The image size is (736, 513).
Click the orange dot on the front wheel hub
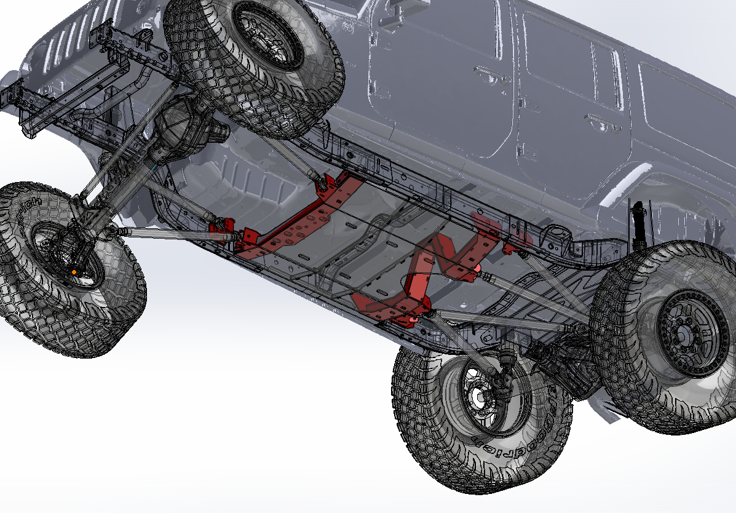coord(74,271)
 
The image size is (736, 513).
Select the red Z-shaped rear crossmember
coord(430,271)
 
